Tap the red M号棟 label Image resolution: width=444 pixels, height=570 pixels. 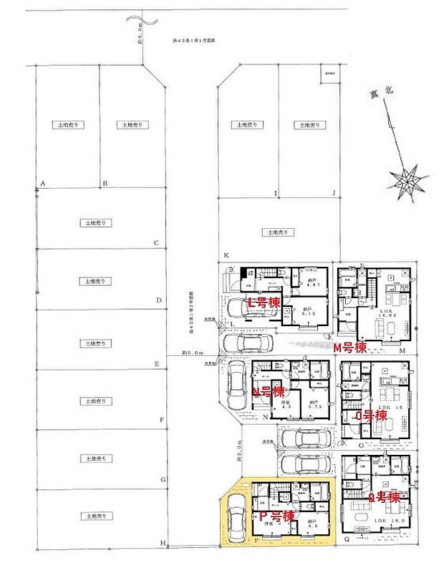tap(350, 348)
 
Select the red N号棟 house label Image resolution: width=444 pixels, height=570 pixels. tap(269, 391)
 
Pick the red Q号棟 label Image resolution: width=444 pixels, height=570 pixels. tap(382, 497)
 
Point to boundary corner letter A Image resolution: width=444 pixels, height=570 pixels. tap(42, 185)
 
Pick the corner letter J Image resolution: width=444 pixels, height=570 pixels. tap(333, 193)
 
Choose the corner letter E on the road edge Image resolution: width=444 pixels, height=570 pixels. tap(156, 363)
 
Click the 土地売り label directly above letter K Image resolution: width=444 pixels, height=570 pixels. tap(272, 232)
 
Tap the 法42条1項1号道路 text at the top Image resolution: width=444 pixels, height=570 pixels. tap(193, 41)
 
